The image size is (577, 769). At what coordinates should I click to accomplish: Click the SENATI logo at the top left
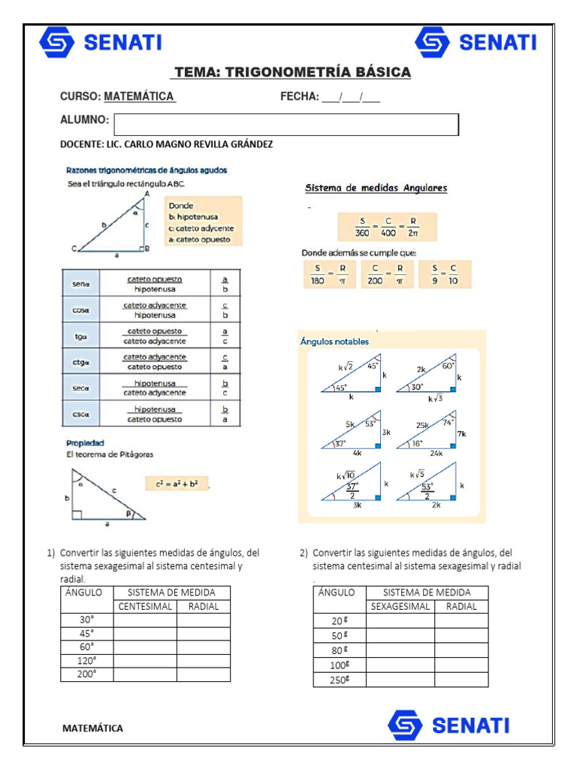click(x=100, y=43)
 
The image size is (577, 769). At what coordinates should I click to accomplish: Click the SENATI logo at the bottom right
click(x=448, y=725)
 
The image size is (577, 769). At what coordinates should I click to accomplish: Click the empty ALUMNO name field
click(x=285, y=125)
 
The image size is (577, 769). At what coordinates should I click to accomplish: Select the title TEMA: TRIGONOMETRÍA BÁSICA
click(x=292, y=72)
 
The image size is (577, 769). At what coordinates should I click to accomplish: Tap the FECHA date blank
click(x=351, y=97)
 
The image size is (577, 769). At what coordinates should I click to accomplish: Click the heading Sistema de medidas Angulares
click(x=376, y=188)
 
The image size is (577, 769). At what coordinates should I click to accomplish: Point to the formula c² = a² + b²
click(x=177, y=484)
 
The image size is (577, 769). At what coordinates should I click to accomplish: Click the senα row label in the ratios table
click(x=81, y=285)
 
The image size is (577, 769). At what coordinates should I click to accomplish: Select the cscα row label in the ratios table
click(x=81, y=414)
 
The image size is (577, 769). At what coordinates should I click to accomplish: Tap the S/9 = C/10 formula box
click(x=445, y=274)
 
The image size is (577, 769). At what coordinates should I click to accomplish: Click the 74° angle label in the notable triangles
click(x=448, y=422)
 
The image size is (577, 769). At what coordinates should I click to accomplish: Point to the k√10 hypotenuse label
click(x=345, y=475)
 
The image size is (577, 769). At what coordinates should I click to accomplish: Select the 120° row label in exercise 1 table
click(x=87, y=661)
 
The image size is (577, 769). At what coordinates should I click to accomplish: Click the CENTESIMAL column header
click(x=145, y=606)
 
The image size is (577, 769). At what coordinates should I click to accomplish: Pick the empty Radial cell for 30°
click(x=204, y=620)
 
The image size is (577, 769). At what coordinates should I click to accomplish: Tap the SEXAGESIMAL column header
click(x=400, y=606)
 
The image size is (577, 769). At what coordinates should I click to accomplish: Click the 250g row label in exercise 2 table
click(x=340, y=680)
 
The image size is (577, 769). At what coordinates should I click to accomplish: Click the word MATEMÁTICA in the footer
click(x=92, y=728)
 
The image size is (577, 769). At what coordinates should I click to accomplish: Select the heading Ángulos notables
click(x=334, y=342)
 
